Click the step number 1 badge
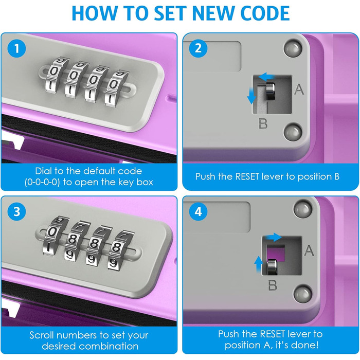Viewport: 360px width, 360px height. [16, 48]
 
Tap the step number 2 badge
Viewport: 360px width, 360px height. [198, 48]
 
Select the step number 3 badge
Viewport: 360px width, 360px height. [16, 211]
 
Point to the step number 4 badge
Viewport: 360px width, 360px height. [198, 211]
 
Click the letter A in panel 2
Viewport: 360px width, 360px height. [299, 89]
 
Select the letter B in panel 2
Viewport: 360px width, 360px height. [263, 123]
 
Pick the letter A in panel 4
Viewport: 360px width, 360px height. [309, 250]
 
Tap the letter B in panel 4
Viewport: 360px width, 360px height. [273, 285]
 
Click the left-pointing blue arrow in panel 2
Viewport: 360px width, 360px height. [266, 77]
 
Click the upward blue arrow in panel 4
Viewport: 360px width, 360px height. [259, 264]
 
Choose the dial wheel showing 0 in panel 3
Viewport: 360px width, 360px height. [53, 236]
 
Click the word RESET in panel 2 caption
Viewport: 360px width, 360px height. [247, 176]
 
